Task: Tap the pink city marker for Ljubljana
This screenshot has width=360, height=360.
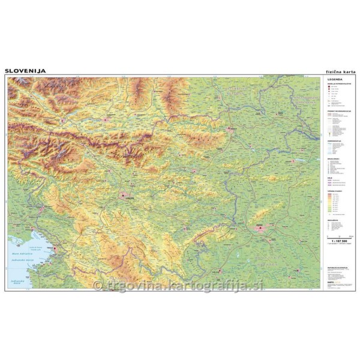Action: click(x=125, y=195)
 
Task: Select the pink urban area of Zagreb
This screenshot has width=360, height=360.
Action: click(x=259, y=227)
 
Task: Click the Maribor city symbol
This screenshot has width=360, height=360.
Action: click(x=230, y=128)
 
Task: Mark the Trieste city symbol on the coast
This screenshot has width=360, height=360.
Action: click(x=55, y=247)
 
